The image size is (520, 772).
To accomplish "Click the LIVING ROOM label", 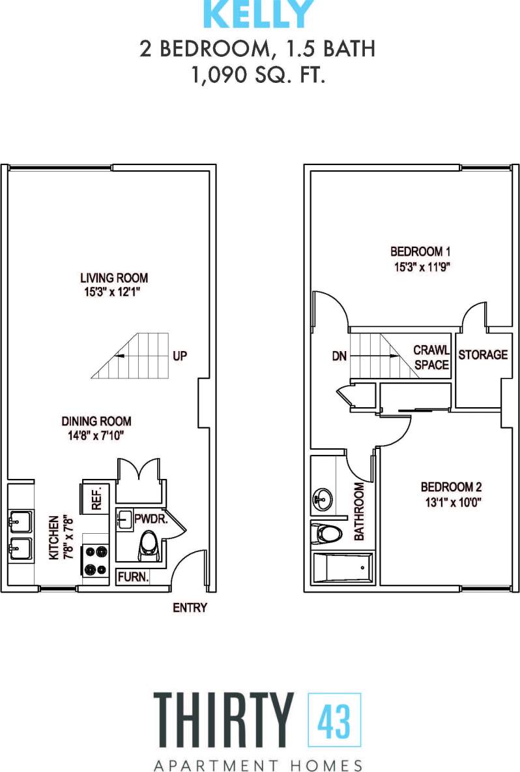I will (114, 279).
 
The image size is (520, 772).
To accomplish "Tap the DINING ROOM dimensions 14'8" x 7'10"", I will (96, 434).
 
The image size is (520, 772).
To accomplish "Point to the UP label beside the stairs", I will (181, 356).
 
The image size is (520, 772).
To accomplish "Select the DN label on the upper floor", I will (339, 357).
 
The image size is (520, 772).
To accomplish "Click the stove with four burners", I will (95, 560).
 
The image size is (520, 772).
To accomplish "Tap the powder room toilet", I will (149, 544).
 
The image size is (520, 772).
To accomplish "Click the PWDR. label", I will (151, 519).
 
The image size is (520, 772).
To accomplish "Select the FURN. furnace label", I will (133, 578).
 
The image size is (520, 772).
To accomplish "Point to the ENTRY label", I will (190, 608).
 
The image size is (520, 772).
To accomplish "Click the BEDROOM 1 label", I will (421, 251).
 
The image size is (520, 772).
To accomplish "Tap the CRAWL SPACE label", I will (431, 358).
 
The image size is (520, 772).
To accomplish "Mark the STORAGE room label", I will (483, 355).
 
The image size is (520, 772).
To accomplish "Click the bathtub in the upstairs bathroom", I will (343, 567).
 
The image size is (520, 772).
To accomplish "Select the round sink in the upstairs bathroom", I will (322, 500).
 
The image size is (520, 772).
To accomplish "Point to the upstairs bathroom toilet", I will (328, 534).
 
